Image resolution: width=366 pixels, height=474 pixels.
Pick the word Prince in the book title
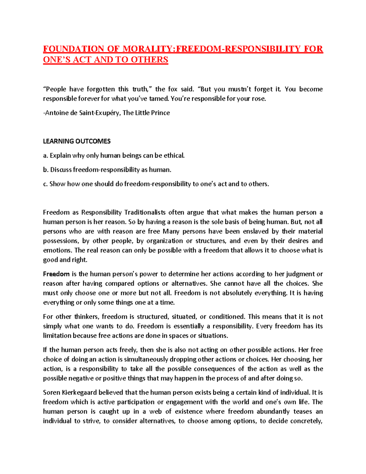pos(160,113)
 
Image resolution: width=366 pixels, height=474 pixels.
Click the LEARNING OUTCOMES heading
pos(77,141)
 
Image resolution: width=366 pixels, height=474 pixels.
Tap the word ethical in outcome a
pos(174,156)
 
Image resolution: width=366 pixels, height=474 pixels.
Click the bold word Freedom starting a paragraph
pos(56,274)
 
